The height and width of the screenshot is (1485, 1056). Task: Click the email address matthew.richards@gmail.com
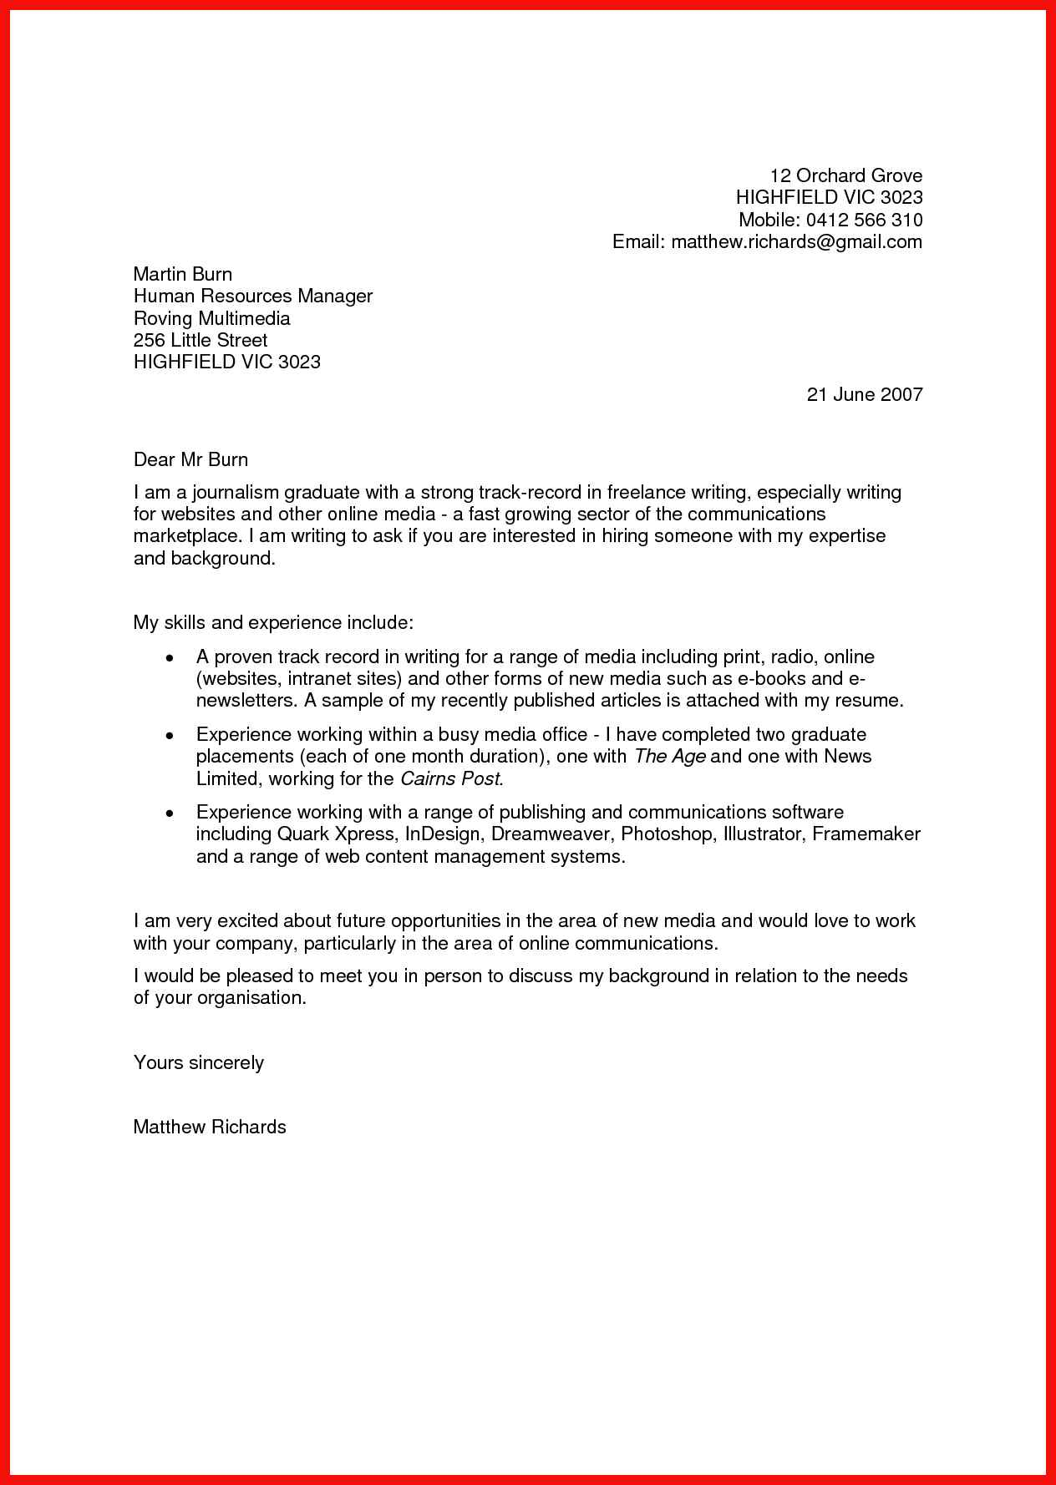coord(796,242)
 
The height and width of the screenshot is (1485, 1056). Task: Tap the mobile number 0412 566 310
coord(864,220)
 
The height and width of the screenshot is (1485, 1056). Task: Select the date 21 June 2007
coord(864,394)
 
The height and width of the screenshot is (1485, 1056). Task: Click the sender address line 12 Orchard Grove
coord(845,175)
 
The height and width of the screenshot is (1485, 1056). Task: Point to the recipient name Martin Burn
coord(183,274)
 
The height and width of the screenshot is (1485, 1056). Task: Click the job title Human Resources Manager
coord(253,296)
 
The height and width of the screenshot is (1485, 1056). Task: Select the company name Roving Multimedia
coord(212,318)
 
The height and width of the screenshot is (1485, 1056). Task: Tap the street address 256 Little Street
coord(201,340)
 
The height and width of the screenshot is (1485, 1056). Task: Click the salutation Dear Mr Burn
coord(190,459)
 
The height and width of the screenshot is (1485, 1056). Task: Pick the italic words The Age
coord(670,757)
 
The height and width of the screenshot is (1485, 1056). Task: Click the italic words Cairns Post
coord(451,779)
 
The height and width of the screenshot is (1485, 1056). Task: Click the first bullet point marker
coord(170,658)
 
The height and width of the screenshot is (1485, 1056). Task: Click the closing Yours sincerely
coord(199,1062)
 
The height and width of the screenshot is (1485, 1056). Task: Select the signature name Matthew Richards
coord(210,1127)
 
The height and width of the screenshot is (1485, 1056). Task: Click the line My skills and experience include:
coord(273,623)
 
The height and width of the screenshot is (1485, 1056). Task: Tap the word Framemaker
coord(866,834)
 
